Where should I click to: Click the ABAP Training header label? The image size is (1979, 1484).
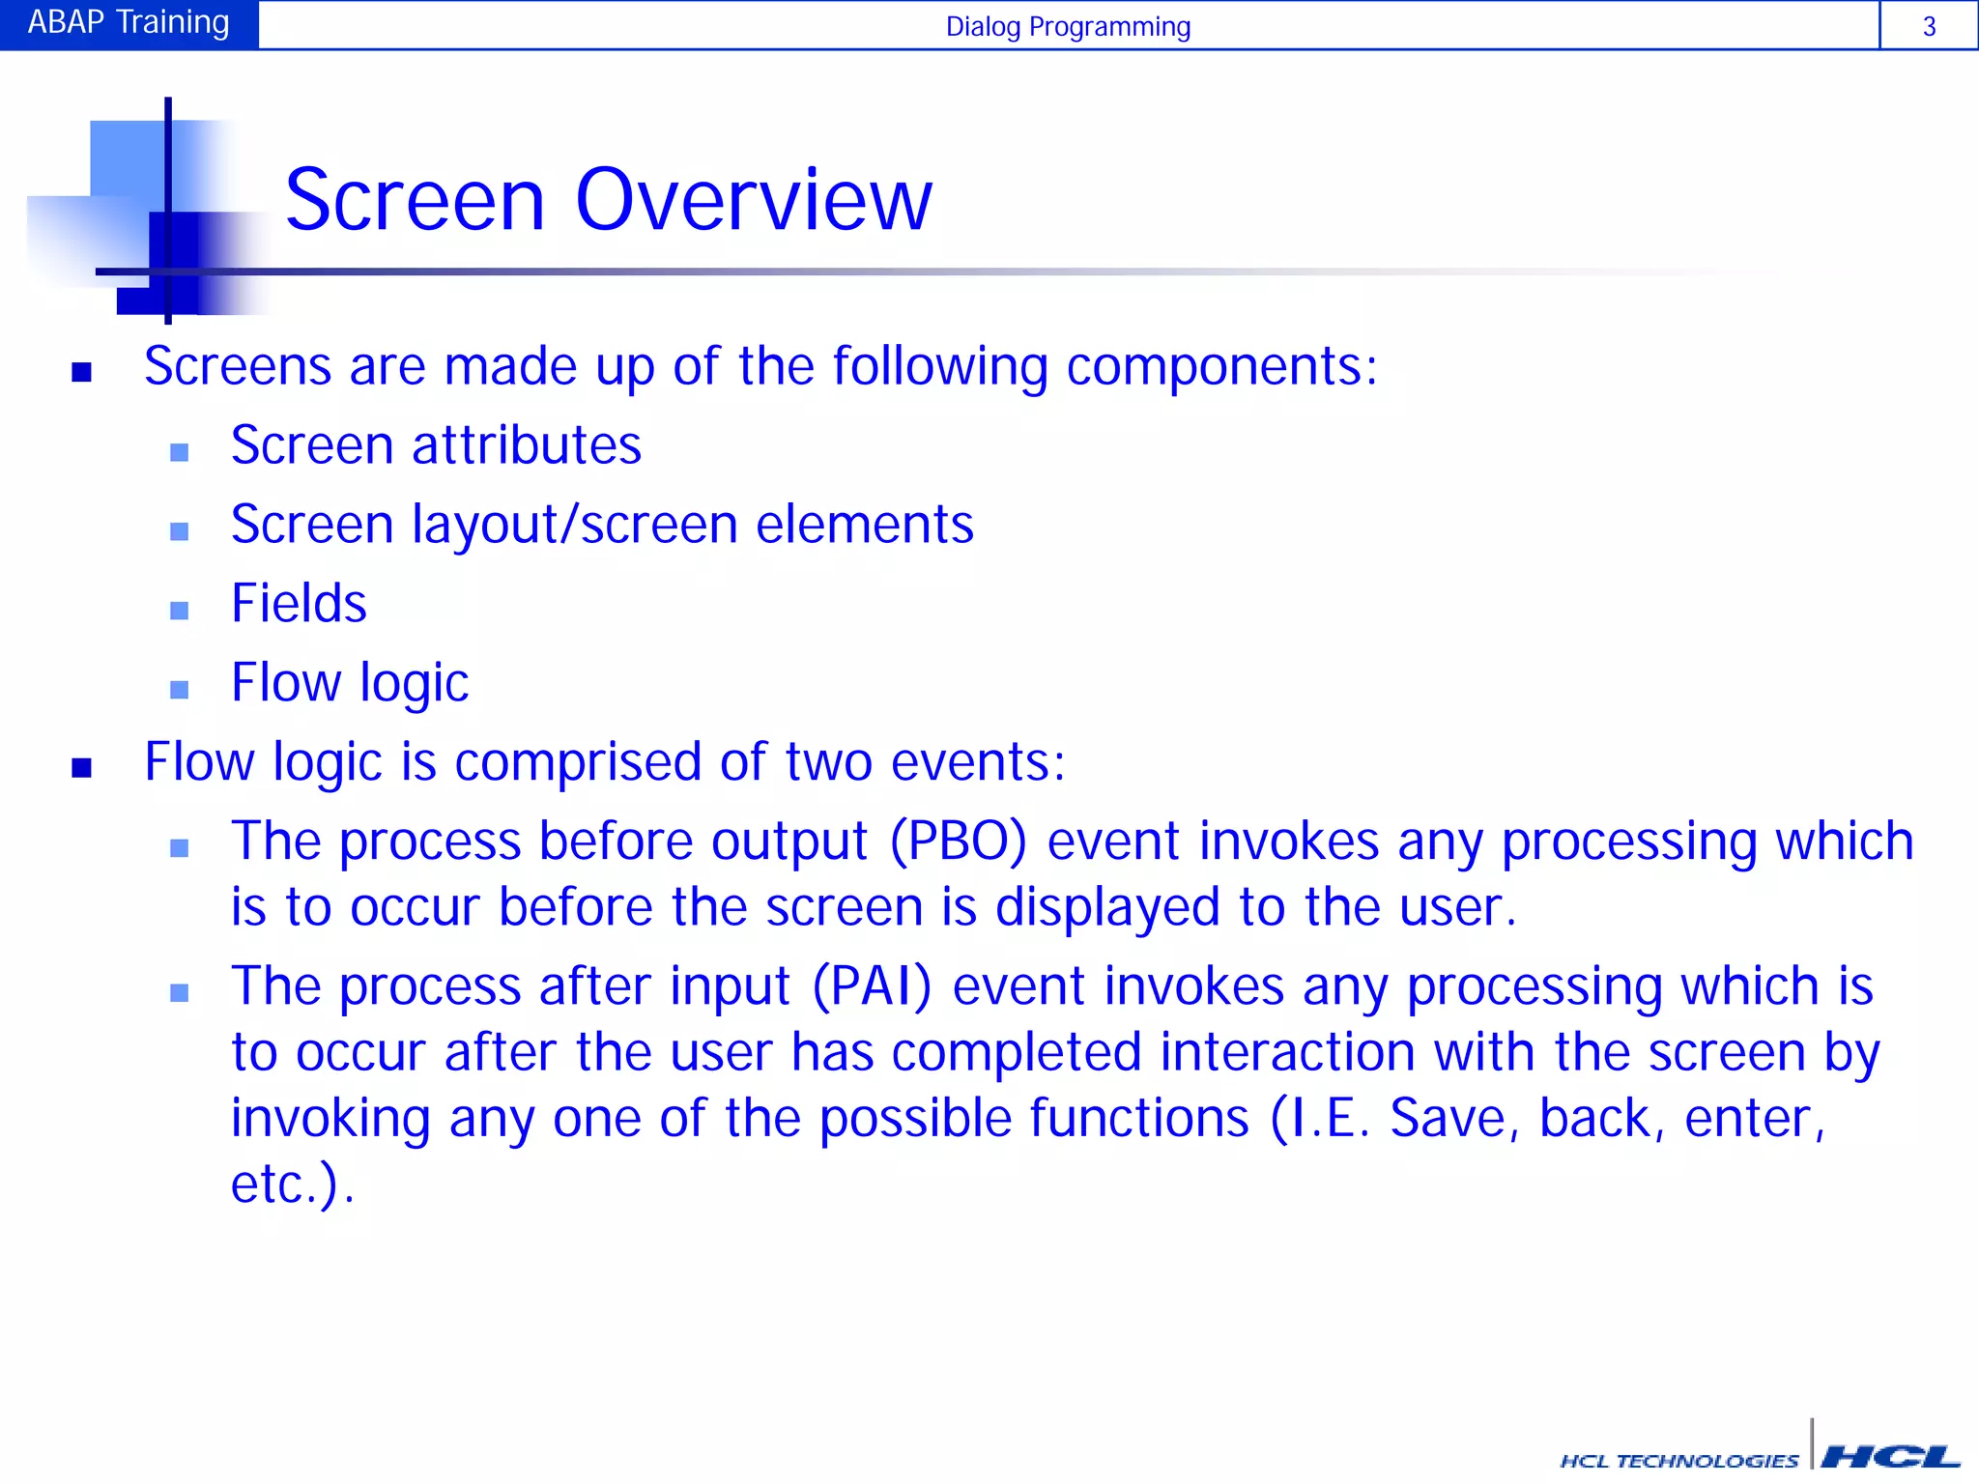click(129, 22)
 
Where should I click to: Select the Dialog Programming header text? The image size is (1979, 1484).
click(1068, 26)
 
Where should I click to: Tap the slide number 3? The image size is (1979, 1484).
click(1929, 26)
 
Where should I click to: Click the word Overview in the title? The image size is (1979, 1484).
click(754, 200)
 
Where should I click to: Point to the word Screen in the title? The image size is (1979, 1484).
click(416, 200)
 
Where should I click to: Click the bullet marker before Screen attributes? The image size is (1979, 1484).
click(179, 452)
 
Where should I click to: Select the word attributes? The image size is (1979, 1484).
click(527, 445)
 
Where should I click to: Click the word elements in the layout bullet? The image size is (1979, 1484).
click(865, 525)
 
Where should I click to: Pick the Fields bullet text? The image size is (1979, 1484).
click(299, 604)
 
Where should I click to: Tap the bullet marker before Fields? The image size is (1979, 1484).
click(179, 611)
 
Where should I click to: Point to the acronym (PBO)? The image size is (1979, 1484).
click(958, 841)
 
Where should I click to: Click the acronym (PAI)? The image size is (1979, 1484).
click(872, 986)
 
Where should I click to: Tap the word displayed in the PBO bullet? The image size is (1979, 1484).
click(1107, 907)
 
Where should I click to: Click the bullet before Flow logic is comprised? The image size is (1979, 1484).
click(82, 769)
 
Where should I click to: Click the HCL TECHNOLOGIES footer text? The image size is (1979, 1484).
click(1678, 1461)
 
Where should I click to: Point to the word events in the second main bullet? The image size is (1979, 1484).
click(976, 762)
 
